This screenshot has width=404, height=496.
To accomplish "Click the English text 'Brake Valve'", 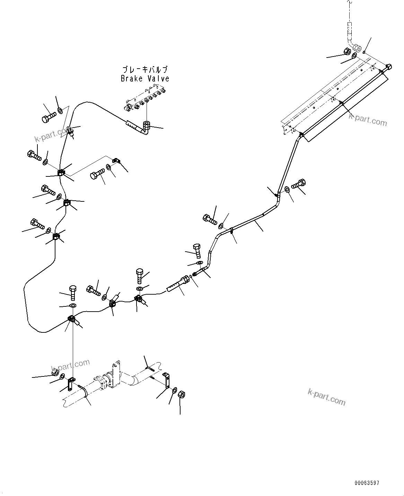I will [145, 79].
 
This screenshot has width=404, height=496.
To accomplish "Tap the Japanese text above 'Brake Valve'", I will [145, 69].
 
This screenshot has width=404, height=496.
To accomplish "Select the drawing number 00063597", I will [367, 482].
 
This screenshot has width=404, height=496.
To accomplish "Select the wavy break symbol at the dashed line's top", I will [350, 3].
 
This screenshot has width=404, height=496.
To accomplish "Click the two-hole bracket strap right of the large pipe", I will [167, 380].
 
